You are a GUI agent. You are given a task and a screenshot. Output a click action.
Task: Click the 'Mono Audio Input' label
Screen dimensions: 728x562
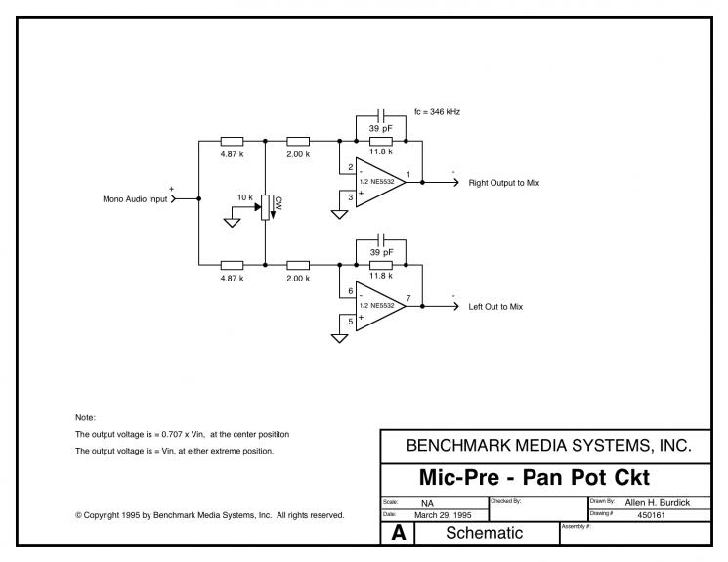[x=135, y=199]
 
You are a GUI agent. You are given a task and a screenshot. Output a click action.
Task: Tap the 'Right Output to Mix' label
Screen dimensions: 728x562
[x=504, y=183]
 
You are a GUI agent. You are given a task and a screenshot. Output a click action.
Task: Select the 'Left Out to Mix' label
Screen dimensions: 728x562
[x=495, y=307]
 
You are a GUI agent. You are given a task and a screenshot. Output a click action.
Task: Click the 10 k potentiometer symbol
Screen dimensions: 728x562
[x=265, y=207]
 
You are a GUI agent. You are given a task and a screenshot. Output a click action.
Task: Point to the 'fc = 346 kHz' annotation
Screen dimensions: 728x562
[x=437, y=112]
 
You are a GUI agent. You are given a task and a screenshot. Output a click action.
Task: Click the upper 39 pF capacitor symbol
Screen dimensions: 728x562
[x=381, y=116]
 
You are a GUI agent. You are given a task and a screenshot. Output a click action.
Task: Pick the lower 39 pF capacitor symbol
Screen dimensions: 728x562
[x=381, y=240]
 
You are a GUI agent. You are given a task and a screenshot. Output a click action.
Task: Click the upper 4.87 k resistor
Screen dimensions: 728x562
[x=232, y=141]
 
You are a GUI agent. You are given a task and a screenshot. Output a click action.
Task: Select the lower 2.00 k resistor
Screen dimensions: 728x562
[x=298, y=265]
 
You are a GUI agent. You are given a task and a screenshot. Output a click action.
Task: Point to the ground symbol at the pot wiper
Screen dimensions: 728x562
[x=232, y=223]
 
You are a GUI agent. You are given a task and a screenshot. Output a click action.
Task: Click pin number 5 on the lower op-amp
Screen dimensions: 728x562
[x=351, y=322]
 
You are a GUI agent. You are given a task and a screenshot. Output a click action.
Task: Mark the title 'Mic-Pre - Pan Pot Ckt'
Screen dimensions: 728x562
[x=534, y=478]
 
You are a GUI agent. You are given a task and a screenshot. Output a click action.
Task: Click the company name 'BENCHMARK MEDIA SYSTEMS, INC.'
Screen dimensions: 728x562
[x=549, y=446]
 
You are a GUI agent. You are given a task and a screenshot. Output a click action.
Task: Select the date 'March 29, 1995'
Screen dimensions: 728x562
[x=443, y=515]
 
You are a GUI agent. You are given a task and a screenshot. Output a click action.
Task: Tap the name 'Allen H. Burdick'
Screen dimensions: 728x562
[x=657, y=503]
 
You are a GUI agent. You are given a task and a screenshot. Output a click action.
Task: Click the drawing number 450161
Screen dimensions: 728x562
[x=651, y=515]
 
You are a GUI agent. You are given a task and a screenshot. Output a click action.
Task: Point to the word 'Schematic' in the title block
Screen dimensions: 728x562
[x=485, y=533]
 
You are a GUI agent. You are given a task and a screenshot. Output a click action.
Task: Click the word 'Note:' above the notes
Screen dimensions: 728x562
[x=85, y=417]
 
